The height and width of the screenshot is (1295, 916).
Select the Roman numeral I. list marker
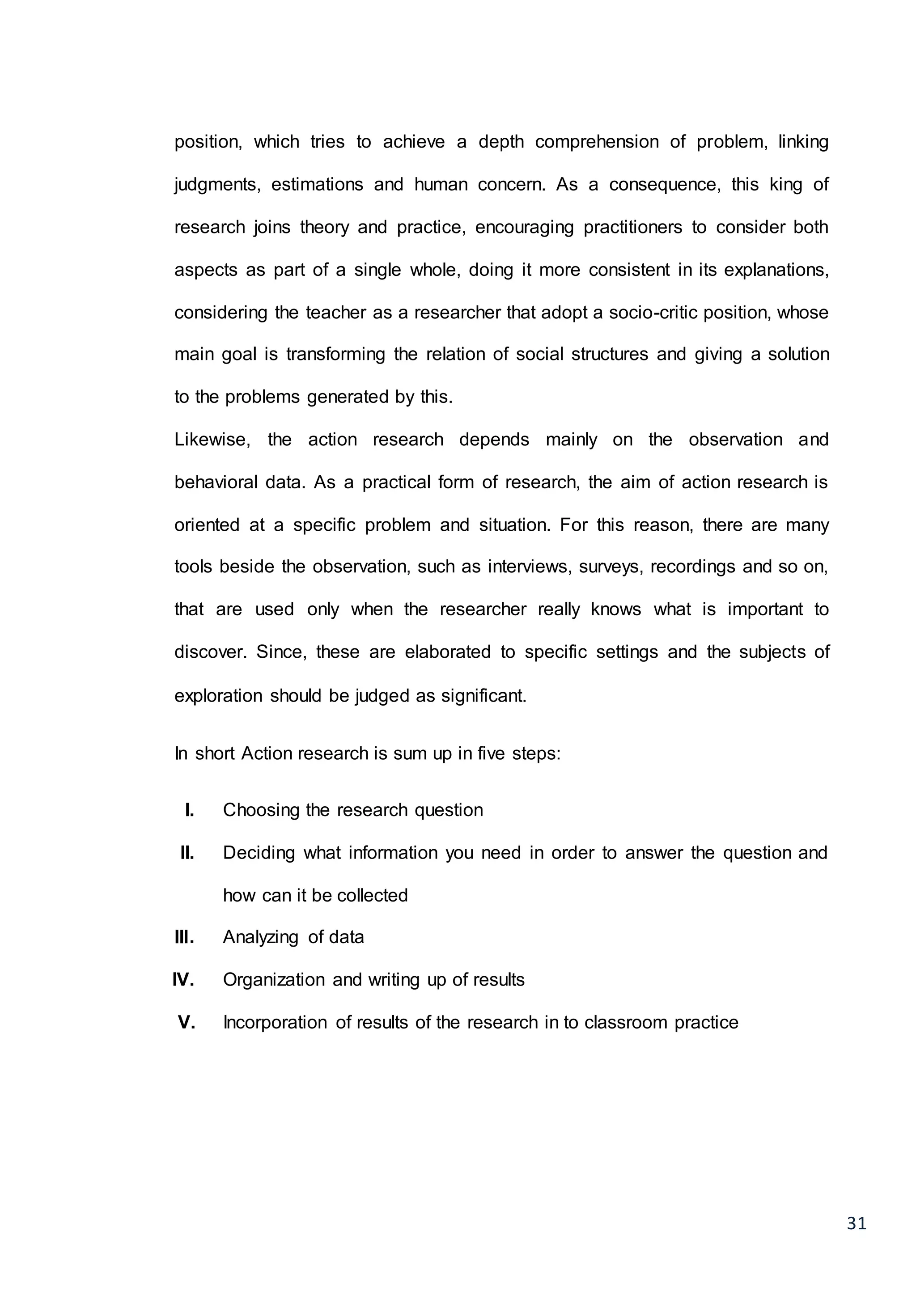190,811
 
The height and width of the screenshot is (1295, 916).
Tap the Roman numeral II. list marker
187,853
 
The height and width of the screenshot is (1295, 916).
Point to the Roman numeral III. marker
184,937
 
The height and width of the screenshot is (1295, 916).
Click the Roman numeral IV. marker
183,980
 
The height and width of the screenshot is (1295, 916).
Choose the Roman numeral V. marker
187,1023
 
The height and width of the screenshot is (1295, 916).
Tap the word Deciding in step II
259,853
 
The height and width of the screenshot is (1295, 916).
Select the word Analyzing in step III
261,937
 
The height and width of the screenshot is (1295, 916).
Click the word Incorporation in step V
275,1023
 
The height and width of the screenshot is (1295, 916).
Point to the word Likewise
212,440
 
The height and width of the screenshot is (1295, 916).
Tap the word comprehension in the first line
597,142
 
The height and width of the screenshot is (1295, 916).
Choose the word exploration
218,696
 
